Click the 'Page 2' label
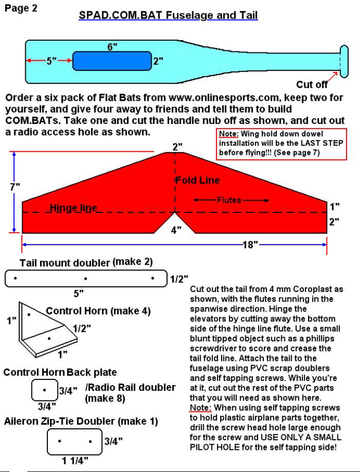pos(21,8)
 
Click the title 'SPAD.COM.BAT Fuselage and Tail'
pos(168,15)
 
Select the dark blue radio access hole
pos(112,61)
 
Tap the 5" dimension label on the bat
pos(51,61)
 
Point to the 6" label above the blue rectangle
pos(112,47)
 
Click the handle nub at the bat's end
pos(344,61)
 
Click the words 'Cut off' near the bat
pos(312,85)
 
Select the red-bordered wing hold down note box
pos(281,143)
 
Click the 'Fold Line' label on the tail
pos(197,180)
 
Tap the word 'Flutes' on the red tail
pos(229,200)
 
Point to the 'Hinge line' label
pos(74,208)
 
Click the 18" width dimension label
pos(250,244)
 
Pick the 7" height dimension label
pos(15,187)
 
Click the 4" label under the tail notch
pos(176,230)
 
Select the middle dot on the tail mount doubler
pos(86,279)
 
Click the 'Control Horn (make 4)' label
pos(98,311)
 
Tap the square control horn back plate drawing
pos(45,390)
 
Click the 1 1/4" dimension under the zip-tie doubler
pos(75,461)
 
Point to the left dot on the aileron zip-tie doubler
pos(60,441)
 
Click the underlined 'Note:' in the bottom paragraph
pos(201,408)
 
